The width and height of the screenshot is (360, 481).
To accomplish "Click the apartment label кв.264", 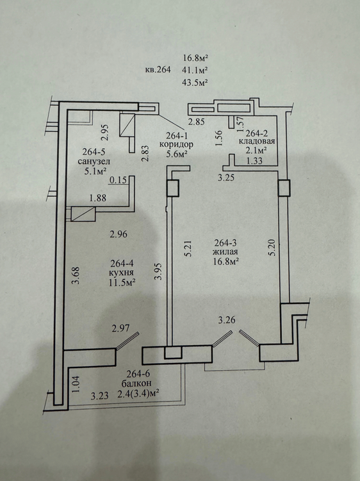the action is [x=158, y=70].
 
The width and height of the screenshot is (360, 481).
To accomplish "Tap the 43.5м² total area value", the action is [x=195, y=83].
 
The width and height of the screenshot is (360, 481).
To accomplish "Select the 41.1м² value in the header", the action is [x=195, y=70].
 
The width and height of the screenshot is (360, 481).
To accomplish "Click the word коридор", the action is [x=176, y=144].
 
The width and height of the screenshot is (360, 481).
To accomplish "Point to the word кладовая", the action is [x=257, y=142].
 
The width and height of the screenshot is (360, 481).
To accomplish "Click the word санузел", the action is [x=94, y=162].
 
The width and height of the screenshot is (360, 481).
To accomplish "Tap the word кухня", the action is [x=122, y=273].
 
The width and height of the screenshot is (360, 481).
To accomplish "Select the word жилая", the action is [x=226, y=252].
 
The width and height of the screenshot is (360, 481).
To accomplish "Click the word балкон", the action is [x=136, y=383].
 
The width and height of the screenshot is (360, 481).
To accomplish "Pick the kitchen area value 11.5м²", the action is [x=122, y=282].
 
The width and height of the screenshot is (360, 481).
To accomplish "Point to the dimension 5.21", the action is [x=188, y=248].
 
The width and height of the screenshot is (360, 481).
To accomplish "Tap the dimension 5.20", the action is [x=274, y=248].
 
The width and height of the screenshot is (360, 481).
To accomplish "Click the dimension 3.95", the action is [x=158, y=271].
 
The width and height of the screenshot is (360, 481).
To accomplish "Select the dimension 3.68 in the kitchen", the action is [x=76, y=276].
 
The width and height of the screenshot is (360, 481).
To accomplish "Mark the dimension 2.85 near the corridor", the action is [x=197, y=122].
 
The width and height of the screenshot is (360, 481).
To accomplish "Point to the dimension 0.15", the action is [x=119, y=180].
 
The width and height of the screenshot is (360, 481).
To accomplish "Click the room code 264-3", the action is [x=225, y=243].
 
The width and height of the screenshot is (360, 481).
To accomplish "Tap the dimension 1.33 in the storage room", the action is [x=254, y=160].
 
